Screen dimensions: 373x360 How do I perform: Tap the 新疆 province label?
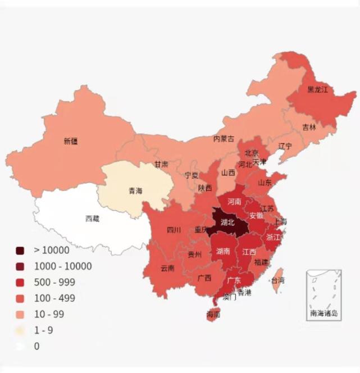tap(71, 142)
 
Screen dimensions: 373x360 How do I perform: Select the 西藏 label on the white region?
tap(92, 219)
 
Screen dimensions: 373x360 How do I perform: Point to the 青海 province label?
tap(135, 191)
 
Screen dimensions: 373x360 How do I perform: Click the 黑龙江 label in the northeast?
tap(317, 89)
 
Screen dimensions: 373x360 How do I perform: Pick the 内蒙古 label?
tap(224, 139)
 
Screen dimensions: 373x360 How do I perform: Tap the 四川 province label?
tap(174, 230)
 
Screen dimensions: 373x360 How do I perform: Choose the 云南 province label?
tap(167, 269)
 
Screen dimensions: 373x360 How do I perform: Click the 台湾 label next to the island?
tap(277, 280)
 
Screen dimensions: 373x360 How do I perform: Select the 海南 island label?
tap(213, 315)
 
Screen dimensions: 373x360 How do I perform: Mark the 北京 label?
tap(251, 153)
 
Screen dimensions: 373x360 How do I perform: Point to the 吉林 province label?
tap(309, 128)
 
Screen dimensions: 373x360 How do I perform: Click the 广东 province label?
tap(234, 280)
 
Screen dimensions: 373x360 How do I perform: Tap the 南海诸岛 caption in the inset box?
tap(323, 313)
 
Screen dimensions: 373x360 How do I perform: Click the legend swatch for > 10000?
tap(21, 251)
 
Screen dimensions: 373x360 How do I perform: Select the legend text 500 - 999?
tap(54, 282)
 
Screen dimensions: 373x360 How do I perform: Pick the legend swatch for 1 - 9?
tap(21, 330)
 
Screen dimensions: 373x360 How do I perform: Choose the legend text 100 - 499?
tap(54, 298)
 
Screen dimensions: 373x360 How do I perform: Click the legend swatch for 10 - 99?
tap(21, 314)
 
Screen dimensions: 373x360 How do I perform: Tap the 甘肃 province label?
tap(161, 165)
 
